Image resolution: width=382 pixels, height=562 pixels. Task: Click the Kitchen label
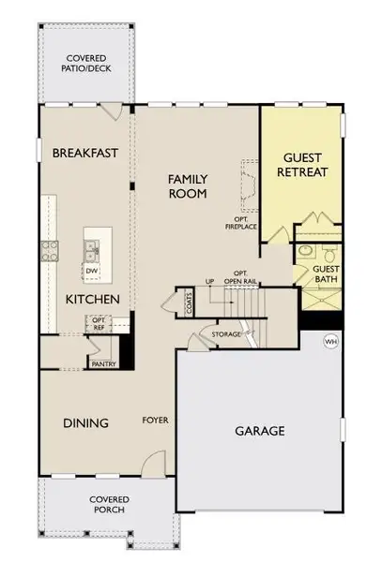tap(92, 299)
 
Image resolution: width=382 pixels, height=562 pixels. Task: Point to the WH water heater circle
tap(329, 340)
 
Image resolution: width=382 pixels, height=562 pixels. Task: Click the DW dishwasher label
tap(91, 272)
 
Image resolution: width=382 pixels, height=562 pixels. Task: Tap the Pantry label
tap(102, 363)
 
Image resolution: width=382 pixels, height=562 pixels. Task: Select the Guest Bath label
tap(326, 274)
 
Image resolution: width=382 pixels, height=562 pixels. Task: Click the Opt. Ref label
tap(99, 324)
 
